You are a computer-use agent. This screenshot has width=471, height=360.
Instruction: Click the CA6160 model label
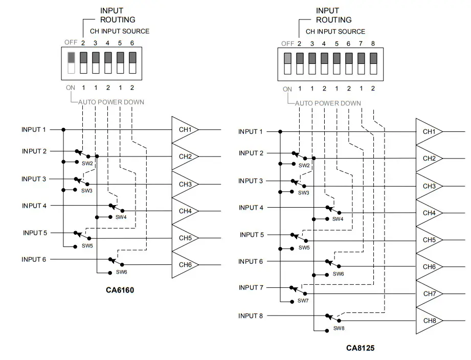(120, 290)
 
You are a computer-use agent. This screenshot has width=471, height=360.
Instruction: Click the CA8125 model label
(360, 348)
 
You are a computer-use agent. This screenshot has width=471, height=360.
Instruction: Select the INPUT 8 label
(251, 316)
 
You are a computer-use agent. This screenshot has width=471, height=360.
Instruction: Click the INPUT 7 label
(251, 288)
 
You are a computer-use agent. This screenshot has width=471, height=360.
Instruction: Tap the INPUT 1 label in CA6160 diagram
(34, 130)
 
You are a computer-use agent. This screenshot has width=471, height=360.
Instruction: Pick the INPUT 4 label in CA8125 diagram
(251, 208)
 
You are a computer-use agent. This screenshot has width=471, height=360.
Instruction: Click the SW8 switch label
(339, 328)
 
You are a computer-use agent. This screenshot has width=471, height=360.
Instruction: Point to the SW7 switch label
(303, 301)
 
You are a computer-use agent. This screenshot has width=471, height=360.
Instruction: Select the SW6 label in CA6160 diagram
(121, 272)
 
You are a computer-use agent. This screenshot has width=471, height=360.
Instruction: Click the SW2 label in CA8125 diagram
(304, 166)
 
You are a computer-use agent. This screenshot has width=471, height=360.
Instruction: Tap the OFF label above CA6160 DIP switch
(71, 42)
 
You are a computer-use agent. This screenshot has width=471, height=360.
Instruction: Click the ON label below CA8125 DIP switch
(287, 89)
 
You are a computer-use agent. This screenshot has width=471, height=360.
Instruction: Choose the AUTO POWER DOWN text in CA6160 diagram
(111, 102)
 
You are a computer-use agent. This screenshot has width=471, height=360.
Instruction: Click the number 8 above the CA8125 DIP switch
(373, 44)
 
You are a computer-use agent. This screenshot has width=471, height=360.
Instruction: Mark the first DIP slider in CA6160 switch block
(71, 62)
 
